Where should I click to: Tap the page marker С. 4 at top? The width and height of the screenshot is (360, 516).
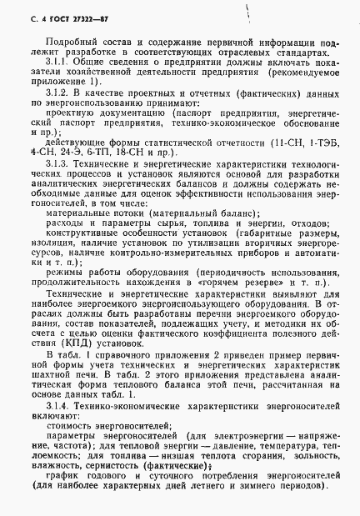click(x=24, y=15)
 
